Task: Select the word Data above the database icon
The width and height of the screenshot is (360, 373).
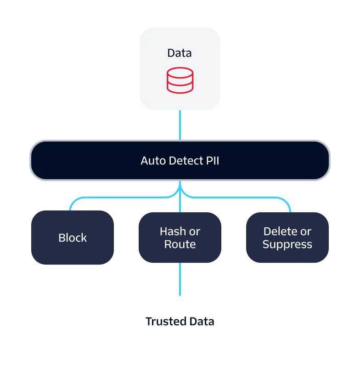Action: (180, 53)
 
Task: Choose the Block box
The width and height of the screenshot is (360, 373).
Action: (72, 237)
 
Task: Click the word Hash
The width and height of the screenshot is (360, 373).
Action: (173, 231)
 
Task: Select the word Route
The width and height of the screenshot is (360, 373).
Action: (180, 244)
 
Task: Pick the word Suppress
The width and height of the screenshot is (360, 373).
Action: (287, 244)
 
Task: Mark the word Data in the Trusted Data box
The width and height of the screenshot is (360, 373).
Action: (202, 321)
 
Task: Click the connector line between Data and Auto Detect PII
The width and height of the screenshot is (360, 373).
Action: (180, 126)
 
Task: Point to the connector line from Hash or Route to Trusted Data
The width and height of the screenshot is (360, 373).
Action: (180, 279)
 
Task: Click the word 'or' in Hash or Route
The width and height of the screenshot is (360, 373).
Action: (194, 231)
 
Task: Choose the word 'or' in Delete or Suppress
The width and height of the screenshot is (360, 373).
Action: (306, 231)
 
